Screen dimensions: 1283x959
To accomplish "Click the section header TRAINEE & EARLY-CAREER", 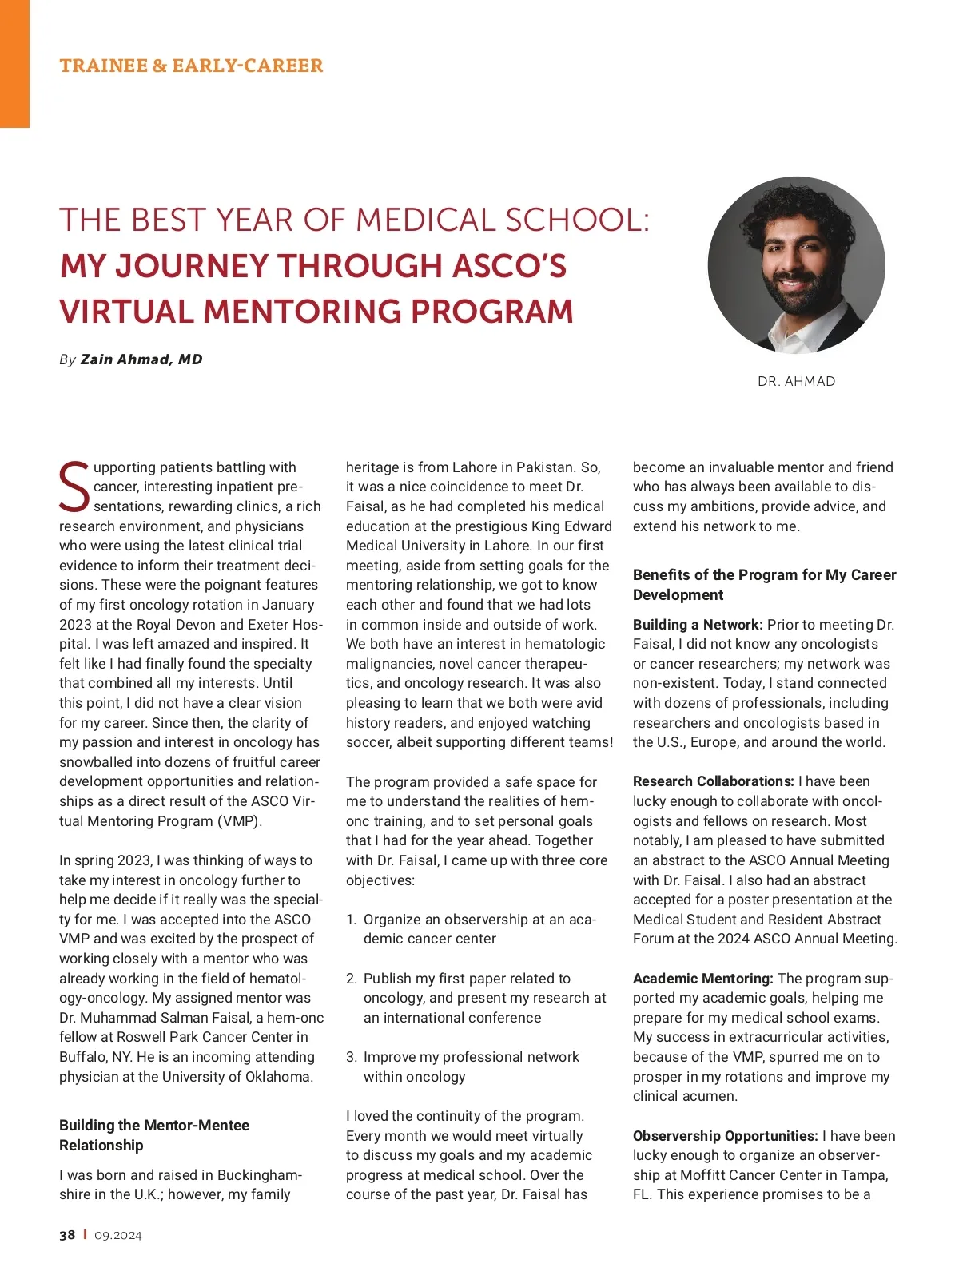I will pyautogui.click(x=191, y=66).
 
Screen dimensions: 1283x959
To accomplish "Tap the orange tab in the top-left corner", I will pyautogui.click(x=14, y=64).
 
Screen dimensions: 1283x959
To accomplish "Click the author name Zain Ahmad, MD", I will pyautogui.click(x=141, y=359).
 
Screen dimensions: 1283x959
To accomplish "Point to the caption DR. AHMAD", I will pyautogui.click(x=796, y=382).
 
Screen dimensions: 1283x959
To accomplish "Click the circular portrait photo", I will pyautogui.click(x=796, y=265).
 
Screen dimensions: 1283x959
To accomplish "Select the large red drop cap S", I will pyautogui.click(x=74, y=487).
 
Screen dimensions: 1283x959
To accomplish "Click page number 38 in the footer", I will pyautogui.click(x=67, y=1235).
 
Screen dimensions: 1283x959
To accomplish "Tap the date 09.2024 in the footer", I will pyautogui.click(x=117, y=1235).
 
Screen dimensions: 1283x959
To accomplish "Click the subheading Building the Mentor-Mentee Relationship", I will pyautogui.click(x=154, y=1135).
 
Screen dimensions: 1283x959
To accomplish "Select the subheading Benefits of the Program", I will pyautogui.click(x=764, y=585).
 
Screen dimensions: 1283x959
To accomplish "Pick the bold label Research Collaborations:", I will pyautogui.click(x=713, y=781).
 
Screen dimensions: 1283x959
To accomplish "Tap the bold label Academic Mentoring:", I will pyautogui.click(x=702, y=979).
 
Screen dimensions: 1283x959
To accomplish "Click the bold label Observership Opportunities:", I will pyautogui.click(x=725, y=1136).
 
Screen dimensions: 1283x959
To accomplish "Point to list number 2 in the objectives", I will pyautogui.click(x=352, y=979).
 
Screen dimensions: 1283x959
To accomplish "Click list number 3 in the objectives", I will pyautogui.click(x=352, y=1057).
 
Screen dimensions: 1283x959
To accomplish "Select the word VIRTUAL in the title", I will pyautogui.click(x=128, y=312).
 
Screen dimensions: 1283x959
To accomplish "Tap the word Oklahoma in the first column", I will pyautogui.click(x=277, y=1077).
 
